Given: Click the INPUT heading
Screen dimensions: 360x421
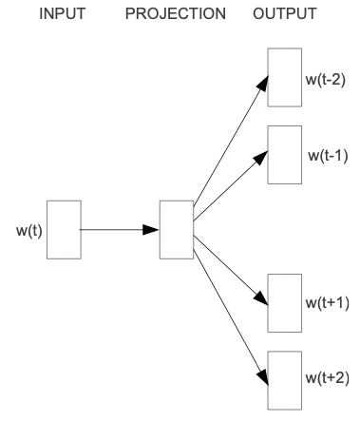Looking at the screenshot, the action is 63,14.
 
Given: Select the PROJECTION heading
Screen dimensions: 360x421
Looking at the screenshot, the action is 176,14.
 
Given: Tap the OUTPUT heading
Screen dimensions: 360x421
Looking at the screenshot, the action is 285,14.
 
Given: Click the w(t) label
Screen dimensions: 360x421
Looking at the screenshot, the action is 29,231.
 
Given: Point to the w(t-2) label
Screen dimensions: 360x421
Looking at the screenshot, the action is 326,80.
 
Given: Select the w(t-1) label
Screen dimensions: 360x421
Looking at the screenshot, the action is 328,155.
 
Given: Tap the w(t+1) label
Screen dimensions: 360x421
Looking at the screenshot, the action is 328,303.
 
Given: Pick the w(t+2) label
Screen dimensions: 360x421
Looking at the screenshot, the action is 328,378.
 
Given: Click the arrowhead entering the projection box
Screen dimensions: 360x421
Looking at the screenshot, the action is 151,230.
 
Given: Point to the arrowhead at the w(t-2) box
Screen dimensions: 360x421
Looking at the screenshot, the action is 262,83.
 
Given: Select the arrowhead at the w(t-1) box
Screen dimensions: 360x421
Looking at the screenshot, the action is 261,158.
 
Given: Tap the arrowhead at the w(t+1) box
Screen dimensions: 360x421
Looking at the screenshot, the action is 261,298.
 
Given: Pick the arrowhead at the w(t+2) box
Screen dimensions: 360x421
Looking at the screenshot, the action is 262,377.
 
